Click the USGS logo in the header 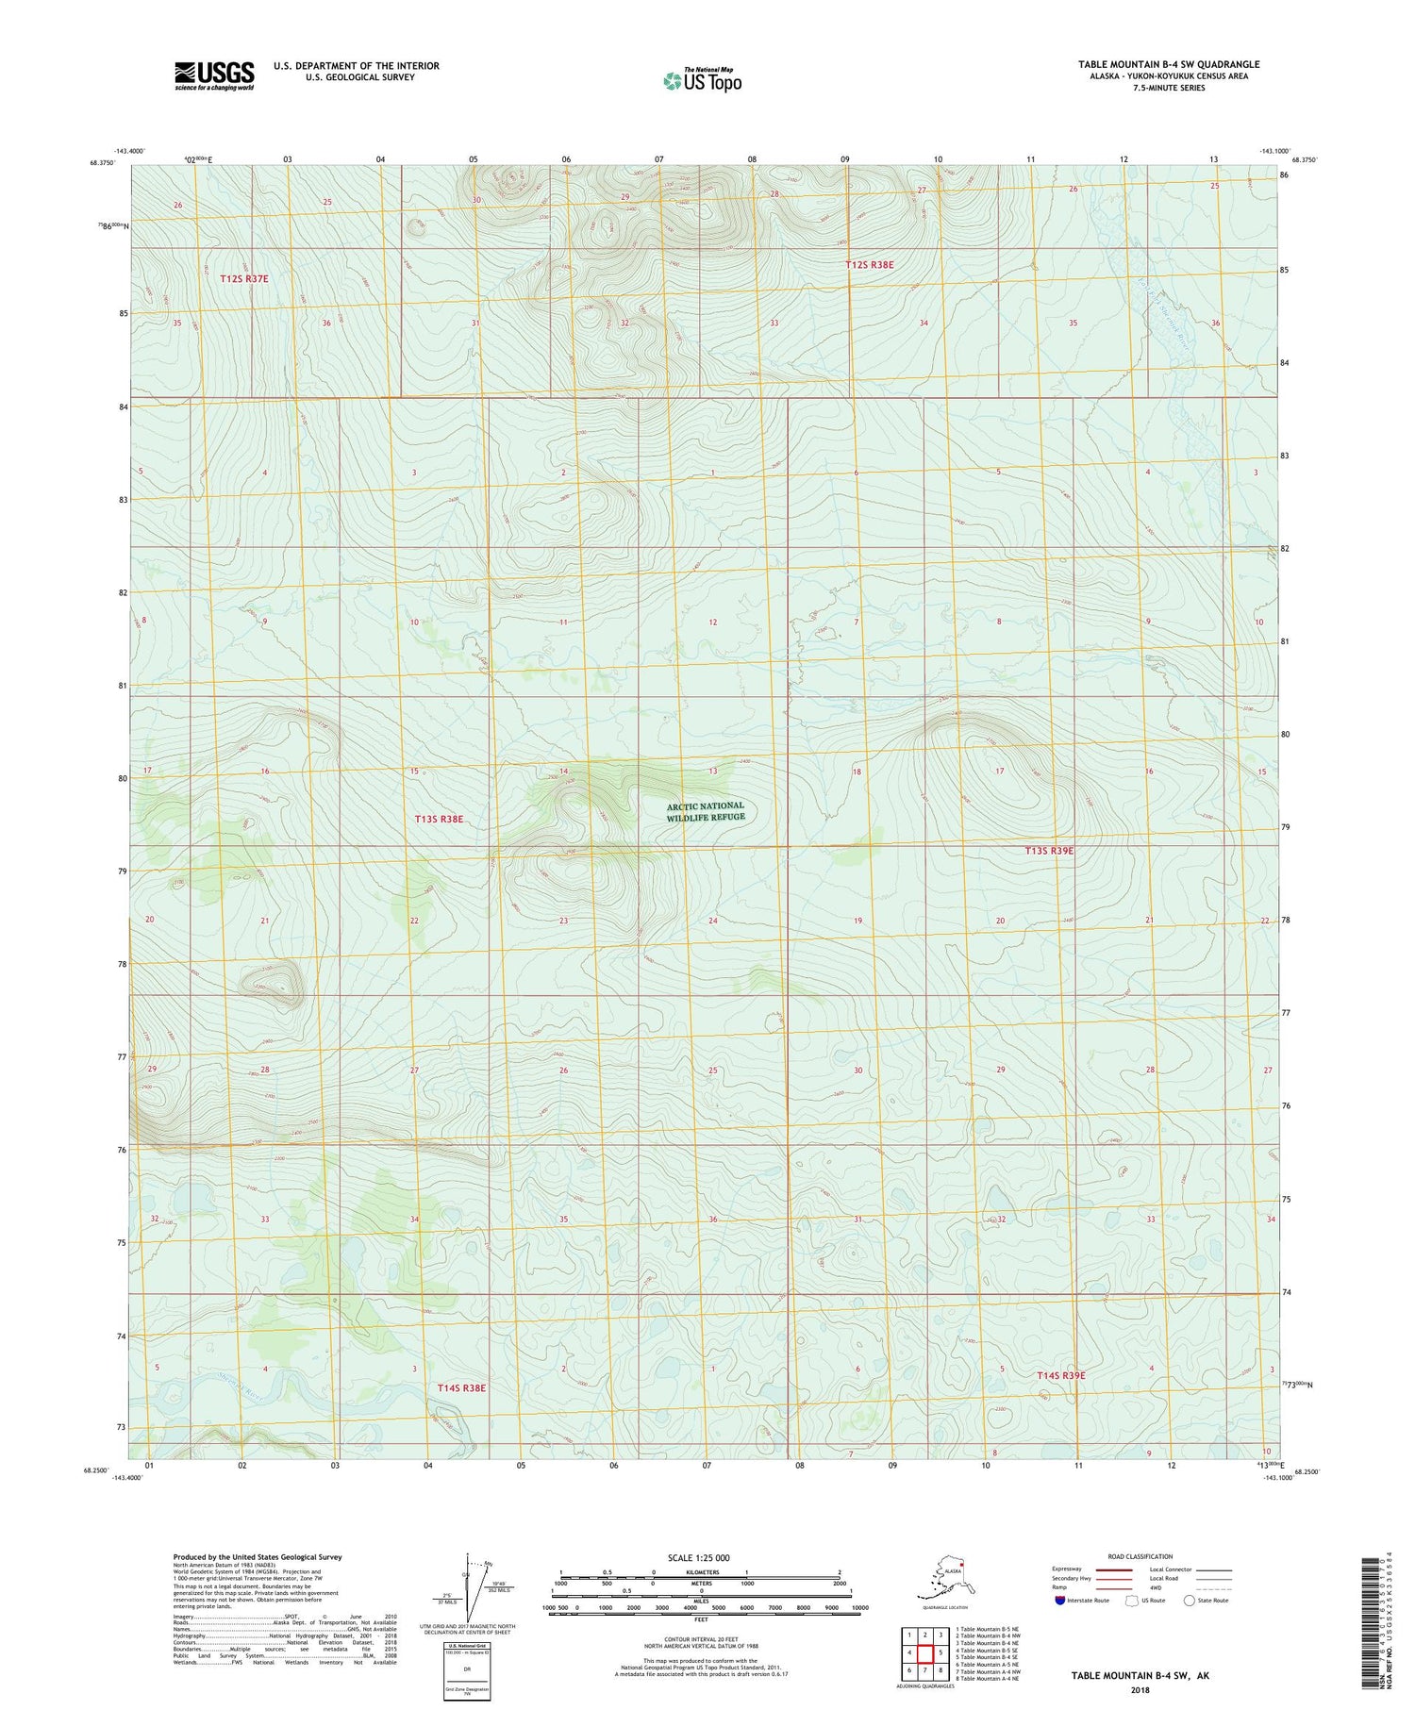pos(214,75)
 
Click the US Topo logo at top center pos(703,80)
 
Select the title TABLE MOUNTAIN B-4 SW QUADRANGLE pos(1169,64)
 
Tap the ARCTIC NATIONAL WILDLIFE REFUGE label pos(706,811)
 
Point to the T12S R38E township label pos(869,265)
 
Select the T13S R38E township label pos(439,819)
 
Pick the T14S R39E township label pos(1061,1375)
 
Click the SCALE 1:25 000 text pos(698,1557)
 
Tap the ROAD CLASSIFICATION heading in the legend pos(1140,1556)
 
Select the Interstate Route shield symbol pos(1060,1600)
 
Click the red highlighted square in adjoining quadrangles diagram pos(925,1653)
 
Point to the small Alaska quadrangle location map pos(945,1582)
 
